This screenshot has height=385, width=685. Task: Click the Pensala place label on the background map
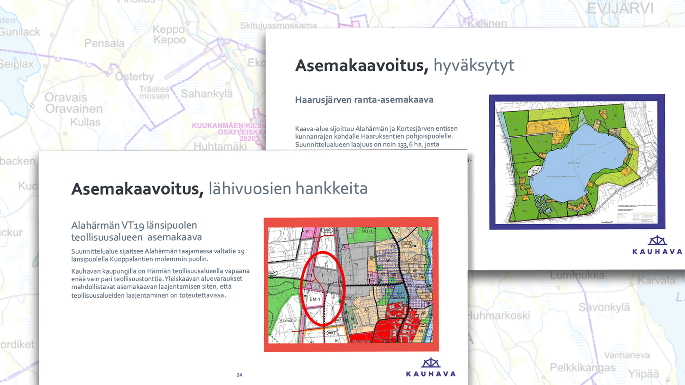pos(105,43)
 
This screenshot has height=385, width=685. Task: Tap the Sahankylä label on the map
pos(207,94)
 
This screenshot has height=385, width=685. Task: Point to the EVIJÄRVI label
pos(620,9)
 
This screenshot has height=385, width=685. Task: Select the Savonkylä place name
pos(604,307)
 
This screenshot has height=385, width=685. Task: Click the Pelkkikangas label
pos(583,368)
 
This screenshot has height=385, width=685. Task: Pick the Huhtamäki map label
pos(220,147)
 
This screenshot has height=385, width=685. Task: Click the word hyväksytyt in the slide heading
pos(474,66)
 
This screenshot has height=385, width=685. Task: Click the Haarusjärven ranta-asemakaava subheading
pos(364,100)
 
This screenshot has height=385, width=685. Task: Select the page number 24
pos(239,375)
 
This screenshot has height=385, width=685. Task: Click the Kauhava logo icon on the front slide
pos(431,363)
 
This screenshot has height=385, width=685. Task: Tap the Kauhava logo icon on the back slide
pos(657,241)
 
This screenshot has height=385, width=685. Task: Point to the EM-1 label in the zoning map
pos(315,299)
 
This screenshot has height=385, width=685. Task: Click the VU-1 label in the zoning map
pos(367,231)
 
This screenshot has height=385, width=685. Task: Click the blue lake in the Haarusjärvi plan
pos(574,160)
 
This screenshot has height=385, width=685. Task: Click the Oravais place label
pos(66,97)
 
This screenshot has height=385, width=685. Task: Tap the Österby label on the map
pos(135,77)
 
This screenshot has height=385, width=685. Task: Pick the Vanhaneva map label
pos(627,355)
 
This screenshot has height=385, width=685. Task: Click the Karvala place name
pos(656,281)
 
